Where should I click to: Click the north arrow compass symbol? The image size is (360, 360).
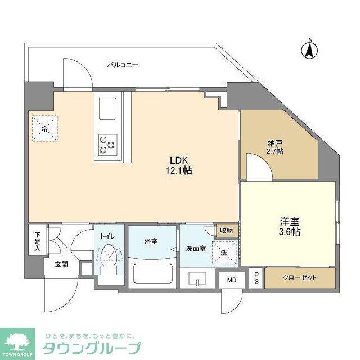pyautogui.click(x=309, y=49)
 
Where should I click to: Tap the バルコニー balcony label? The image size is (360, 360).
pyautogui.click(x=123, y=65)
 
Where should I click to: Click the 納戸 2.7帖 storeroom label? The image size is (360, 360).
pyautogui.click(x=275, y=147)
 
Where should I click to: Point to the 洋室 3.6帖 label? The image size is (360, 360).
pyautogui.click(x=287, y=226)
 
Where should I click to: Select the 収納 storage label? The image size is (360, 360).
pyautogui.click(x=226, y=231)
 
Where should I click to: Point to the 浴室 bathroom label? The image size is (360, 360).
pyautogui.click(x=151, y=242)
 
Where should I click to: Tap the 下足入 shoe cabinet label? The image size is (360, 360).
pyautogui.click(x=37, y=241)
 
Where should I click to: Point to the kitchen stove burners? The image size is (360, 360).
pyautogui.click(x=107, y=144)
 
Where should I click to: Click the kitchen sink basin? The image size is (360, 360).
pyautogui.click(x=107, y=108)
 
